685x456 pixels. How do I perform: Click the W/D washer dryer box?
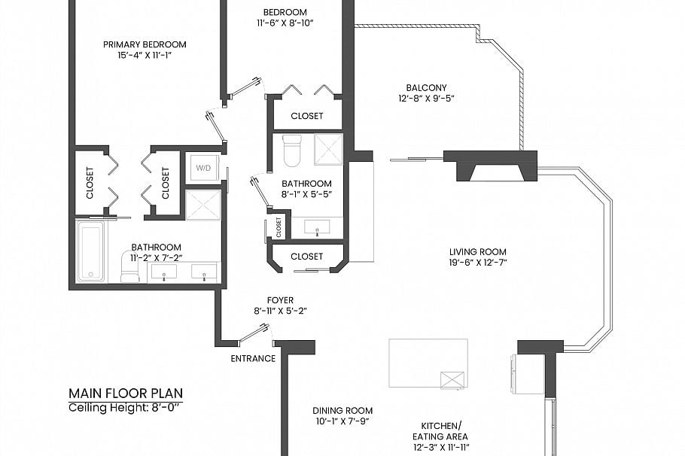203,168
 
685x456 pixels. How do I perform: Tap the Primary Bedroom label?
145,44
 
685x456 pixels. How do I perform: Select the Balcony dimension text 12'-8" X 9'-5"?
426,99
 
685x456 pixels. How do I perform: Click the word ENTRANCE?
253,359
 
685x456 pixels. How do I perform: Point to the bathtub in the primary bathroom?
91,251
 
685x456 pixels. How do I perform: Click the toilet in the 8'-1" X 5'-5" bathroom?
292,150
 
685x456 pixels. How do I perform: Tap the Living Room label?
478,252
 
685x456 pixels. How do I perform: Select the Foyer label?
281,300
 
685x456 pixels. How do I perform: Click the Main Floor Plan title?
126,394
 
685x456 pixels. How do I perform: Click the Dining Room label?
342,411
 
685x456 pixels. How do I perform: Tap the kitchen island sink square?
452,381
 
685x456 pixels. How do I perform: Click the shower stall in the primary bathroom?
203,205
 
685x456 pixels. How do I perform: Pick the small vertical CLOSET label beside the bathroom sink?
279,227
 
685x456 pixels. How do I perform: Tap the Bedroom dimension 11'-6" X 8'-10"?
285,23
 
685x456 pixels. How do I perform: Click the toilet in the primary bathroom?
129,267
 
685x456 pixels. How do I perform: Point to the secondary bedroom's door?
245,87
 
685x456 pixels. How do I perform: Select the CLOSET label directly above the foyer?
306,257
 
